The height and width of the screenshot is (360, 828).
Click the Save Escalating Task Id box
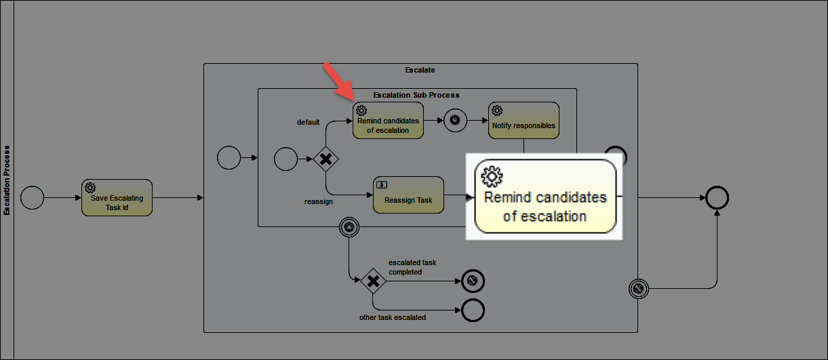point(117,198)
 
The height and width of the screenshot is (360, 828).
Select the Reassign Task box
point(408,195)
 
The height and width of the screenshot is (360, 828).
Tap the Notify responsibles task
point(524,121)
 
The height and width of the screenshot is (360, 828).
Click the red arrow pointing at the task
point(339,81)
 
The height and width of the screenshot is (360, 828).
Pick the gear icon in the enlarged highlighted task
point(492,176)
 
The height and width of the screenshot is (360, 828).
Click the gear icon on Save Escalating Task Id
point(90,188)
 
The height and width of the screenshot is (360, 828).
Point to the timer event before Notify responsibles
point(455,120)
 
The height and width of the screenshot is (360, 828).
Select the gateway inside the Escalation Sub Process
point(326,159)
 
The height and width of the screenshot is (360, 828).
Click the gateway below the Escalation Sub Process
point(374,281)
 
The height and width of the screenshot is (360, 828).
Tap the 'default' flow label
point(308,122)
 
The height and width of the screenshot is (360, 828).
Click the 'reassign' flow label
point(319,201)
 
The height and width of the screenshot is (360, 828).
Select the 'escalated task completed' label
point(412,267)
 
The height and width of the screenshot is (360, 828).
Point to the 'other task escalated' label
point(393,317)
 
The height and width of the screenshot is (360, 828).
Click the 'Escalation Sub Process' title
point(416,95)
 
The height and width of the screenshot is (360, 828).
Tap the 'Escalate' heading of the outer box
point(420,70)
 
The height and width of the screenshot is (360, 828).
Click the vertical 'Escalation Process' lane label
point(7,180)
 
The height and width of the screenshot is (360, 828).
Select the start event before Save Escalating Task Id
point(32,198)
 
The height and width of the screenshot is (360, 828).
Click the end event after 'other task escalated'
point(473,310)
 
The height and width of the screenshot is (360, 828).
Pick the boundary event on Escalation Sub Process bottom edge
point(349,227)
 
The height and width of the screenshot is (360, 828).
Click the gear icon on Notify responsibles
point(497,111)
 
